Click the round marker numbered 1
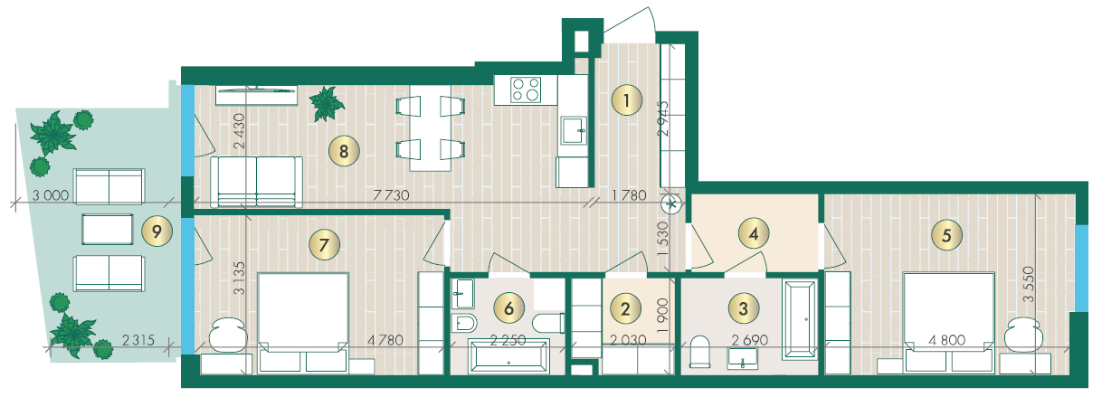click(x=626, y=100)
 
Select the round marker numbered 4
click(x=754, y=233)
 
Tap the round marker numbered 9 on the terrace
click(x=157, y=232)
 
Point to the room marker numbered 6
click(x=509, y=308)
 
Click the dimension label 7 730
click(x=391, y=195)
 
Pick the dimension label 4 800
click(x=947, y=340)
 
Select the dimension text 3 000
click(x=51, y=195)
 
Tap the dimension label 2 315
click(x=138, y=340)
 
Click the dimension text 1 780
click(x=629, y=195)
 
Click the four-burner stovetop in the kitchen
click(x=526, y=90)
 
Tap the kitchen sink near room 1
click(x=575, y=130)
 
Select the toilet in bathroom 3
click(x=699, y=352)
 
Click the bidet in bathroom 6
click(x=464, y=324)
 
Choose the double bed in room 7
click(x=303, y=323)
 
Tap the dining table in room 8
click(x=431, y=128)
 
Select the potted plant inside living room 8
click(x=327, y=104)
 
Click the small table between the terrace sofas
click(x=108, y=229)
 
